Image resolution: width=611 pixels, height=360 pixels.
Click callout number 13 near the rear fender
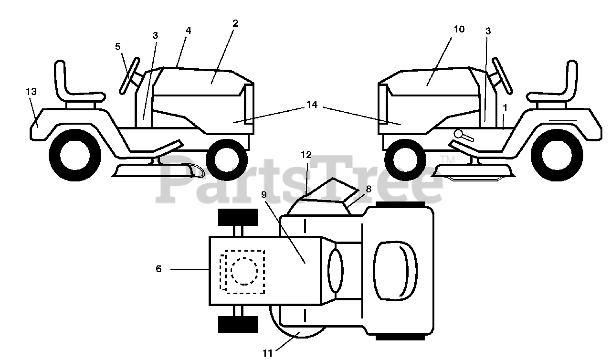point(32,92)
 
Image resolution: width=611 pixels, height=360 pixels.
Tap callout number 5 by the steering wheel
point(117,47)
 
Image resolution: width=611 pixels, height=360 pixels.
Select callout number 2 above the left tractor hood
point(235,23)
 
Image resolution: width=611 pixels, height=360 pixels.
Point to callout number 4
point(188,31)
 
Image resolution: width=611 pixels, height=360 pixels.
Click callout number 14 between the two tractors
point(312,105)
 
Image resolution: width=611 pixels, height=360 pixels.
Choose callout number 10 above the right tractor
point(459,29)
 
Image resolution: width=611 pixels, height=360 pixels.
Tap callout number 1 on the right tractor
point(505,108)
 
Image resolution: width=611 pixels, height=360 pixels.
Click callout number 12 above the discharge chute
point(306,155)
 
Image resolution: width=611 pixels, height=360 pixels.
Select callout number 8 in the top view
point(369,189)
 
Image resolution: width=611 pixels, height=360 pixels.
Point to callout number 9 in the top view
point(264,195)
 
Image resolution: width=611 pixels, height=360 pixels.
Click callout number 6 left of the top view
point(158,269)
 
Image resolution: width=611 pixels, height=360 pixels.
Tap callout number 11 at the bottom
point(267,353)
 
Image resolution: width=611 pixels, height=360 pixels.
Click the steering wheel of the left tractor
point(130,76)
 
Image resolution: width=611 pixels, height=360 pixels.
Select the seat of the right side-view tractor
point(557,93)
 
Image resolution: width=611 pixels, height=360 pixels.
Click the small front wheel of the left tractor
point(227,160)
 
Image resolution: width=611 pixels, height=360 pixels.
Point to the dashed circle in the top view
point(244,271)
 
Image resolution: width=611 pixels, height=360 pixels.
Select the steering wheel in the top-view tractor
point(336,271)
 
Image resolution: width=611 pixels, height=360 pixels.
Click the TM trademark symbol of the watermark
point(448,159)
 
